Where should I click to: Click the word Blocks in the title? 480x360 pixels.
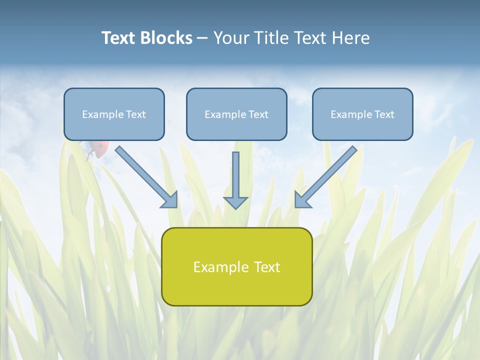(x=166, y=38)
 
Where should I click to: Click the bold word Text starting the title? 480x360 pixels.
(x=119, y=38)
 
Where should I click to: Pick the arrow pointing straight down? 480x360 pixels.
(x=235, y=177)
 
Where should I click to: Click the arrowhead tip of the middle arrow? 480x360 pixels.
(x=235, y=207)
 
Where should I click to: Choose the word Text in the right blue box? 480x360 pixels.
(x=384, y=114)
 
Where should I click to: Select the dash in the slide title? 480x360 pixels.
(x=202, y=38)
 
